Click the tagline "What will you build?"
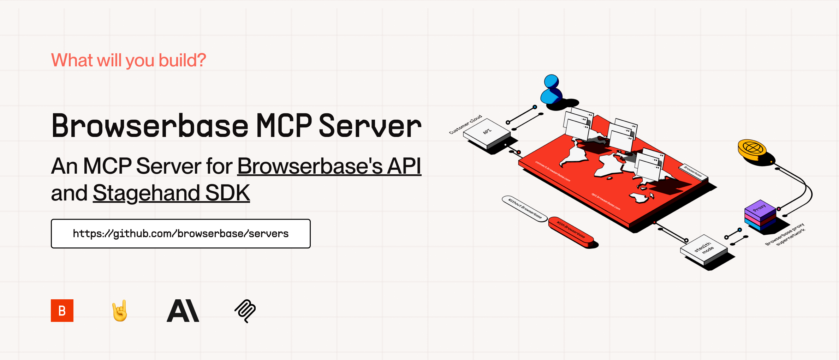tap(129, 60)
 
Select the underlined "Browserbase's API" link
tap(329, 166)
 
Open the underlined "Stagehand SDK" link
tap(171, 193)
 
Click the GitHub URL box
tap(180, 234)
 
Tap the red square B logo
tap(62, 311)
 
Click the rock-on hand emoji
tap(120, 311)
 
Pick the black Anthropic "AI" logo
tap(183, 311)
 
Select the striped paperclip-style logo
tap(245, 311)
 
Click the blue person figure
tap(551, 90)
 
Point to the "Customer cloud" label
tap(465, 124)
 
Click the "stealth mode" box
tap(704, 249)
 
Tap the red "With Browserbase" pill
tap(571, 230)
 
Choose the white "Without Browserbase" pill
tap(524, 208)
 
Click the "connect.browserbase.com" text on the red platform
tap(553, 171)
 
